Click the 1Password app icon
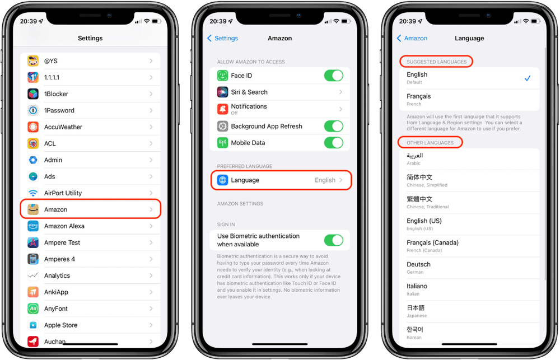point(33,110)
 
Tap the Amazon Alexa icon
point(33,226)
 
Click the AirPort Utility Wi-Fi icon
point(33,193)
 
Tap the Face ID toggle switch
point(334,76)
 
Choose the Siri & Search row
point(280,92)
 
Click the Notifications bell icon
point(222,109)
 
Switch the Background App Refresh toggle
point(334,127)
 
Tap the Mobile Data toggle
point(334,143)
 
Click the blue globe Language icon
point(222,180)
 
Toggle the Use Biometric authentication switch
point(334,240)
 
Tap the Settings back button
point(223,38)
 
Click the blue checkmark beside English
point(527,78)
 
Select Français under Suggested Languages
point(469,100)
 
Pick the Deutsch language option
point(469,267)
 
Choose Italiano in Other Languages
point(469,289)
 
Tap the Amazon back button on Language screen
point(412,38)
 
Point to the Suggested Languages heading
point(437,62)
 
